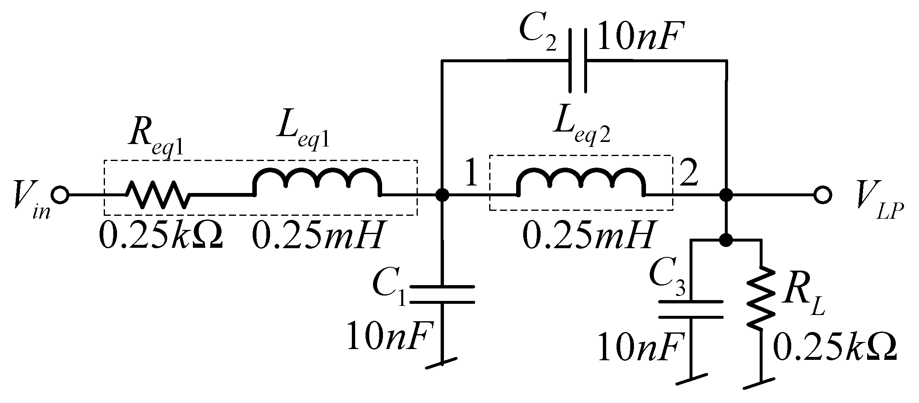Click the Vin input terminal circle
pyautogui.click(x=61, y=195)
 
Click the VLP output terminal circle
pyautogui.click(x=822, y=195)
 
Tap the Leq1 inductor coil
pyautogui.click(x=317, y=183)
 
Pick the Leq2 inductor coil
pyautogui.click(x=580, y=183)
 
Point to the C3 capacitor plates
pyautogui.click(x=691, y=310)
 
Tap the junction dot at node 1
pyautogui.click(x=443, y=195)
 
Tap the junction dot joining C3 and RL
pyautogui.click(x=726, y=239)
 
